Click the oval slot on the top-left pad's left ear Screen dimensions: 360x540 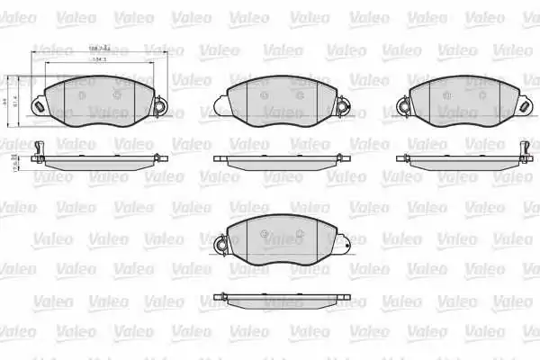click(x=38, y=105)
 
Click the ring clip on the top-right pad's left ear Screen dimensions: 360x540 click(x=403, y=106)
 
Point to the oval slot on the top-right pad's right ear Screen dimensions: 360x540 click(x=522, y=106)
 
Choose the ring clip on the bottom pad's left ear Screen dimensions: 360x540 click(x=219, y=245)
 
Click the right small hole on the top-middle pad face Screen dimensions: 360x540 click(x=297, y=94)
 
